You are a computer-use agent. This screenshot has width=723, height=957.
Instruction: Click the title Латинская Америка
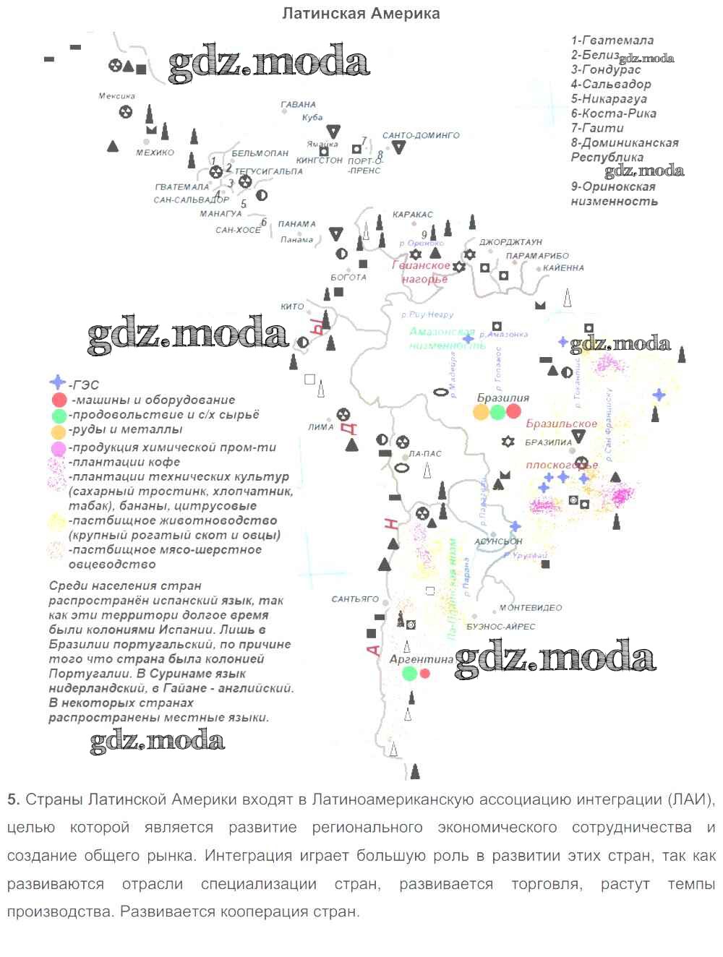360,14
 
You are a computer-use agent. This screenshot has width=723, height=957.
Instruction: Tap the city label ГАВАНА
299,105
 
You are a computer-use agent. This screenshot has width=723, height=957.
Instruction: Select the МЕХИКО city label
155,153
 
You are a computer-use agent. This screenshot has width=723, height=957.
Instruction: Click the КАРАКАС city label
412,215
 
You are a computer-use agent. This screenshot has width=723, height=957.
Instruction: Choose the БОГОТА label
348,277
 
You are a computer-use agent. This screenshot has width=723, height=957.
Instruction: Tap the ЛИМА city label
320,427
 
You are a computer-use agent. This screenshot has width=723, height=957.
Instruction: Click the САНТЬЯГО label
355,599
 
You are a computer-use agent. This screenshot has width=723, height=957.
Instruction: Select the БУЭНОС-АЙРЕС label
501,627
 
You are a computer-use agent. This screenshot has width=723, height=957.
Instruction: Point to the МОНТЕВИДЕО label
527,609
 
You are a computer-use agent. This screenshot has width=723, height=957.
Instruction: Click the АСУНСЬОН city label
498,541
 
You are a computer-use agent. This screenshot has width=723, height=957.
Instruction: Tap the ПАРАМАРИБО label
537,256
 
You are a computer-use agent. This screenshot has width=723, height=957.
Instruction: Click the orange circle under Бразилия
481,412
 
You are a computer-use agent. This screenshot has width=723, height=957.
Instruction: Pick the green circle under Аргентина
410,674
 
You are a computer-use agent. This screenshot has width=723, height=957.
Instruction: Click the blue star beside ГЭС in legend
58,384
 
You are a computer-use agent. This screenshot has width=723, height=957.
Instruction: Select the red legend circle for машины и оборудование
59,400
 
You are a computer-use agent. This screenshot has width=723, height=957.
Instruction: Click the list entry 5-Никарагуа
608,99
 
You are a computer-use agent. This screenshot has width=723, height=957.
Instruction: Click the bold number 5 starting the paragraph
12,799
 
